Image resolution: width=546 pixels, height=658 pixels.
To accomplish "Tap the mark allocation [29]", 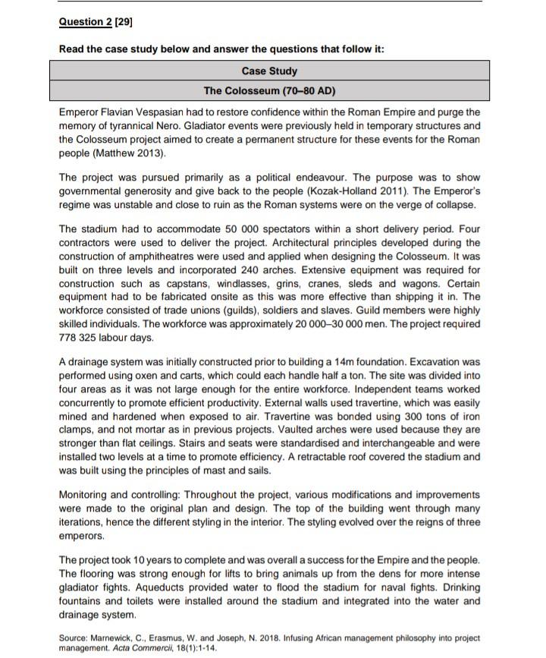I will coord(123,22).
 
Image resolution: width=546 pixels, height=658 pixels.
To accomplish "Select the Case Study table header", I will coord(269,71).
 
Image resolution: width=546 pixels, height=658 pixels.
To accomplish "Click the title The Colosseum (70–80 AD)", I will coord(269,91).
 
